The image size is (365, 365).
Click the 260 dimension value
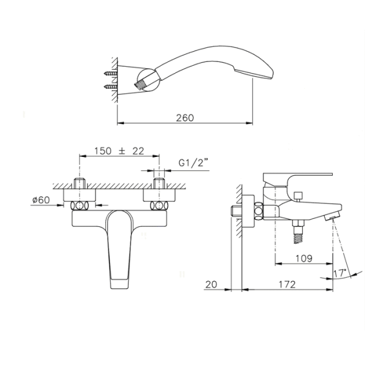coord(185,118)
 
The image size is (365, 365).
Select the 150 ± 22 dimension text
coord(119,151)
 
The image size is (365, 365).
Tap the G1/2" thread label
coord(193,162)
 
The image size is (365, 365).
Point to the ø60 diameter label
coord(41,200)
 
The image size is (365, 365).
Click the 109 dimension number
coord(304,259)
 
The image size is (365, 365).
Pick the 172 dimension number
coord(287,284)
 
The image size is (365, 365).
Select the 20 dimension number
coord(211,284)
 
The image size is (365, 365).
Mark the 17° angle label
coord(340,273)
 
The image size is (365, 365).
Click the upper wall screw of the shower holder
coord(111,74)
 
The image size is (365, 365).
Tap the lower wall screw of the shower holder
coord(111,87)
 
